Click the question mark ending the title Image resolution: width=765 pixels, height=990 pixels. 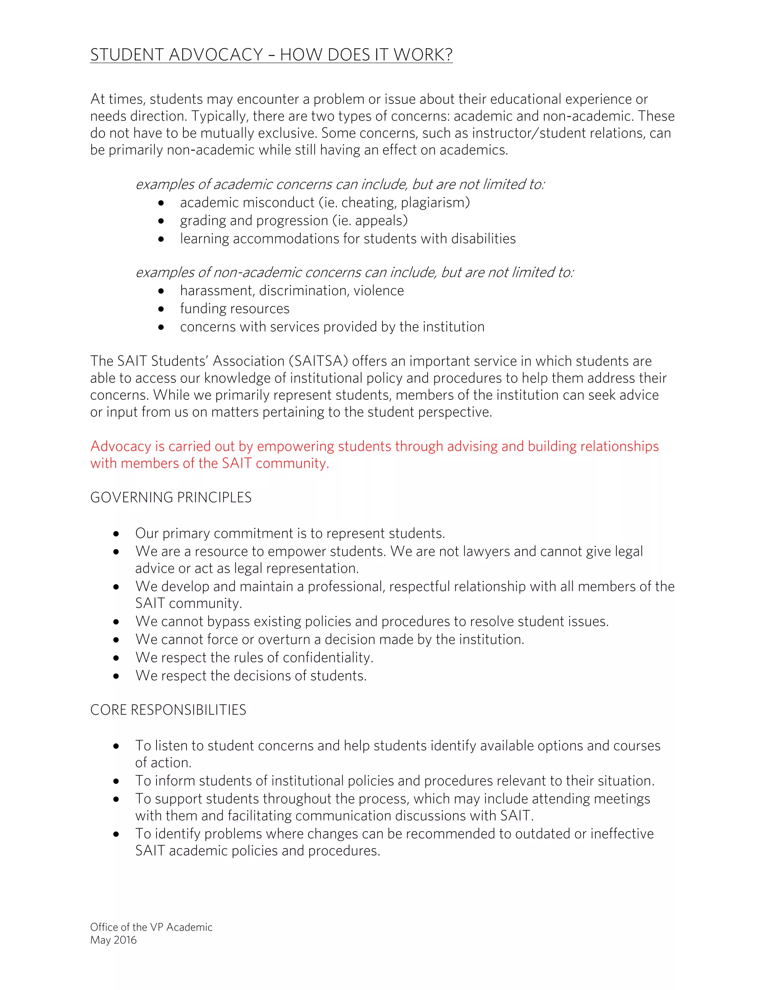tap(448, 55)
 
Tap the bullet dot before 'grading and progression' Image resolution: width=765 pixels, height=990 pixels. tap(161, 221)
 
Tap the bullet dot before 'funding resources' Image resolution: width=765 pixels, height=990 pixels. tap(161, 309)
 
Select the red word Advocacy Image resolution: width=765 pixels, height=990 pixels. tap(121, 446)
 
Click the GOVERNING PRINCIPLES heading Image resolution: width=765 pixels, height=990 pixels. tap(171, 498)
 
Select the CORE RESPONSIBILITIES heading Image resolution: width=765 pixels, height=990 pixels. tap(168, 710)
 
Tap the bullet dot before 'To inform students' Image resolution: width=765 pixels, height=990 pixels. tap(116, 782)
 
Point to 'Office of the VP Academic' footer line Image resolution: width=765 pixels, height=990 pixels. tap(151, 928)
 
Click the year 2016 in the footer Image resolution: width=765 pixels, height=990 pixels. tap(125, 940)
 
